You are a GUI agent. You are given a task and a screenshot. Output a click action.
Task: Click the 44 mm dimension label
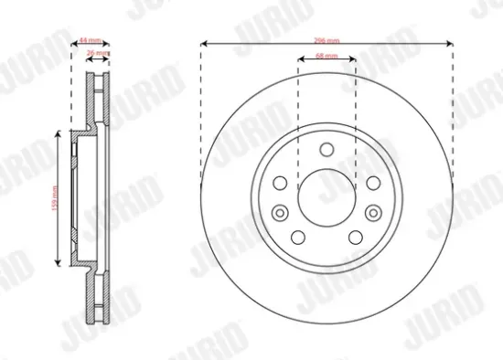(x=89, y=42)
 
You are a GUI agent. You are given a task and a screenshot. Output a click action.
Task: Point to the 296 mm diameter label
(x=326, y=42)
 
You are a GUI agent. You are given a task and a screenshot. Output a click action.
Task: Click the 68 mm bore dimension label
(x=326, y=57)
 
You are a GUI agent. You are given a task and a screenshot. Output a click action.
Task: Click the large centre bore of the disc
(x=326, y=196)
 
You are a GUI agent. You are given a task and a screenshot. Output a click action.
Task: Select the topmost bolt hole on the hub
(x=326, y=152)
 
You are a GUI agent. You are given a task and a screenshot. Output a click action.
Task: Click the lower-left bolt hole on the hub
(x=298, y=238)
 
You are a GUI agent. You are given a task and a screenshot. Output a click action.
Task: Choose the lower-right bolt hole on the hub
(x=355, y=238)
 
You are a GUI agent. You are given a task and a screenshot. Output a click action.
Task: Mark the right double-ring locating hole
(x=371, y=212)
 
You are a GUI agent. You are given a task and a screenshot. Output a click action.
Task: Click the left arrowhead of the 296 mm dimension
(x=203, y=42)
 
